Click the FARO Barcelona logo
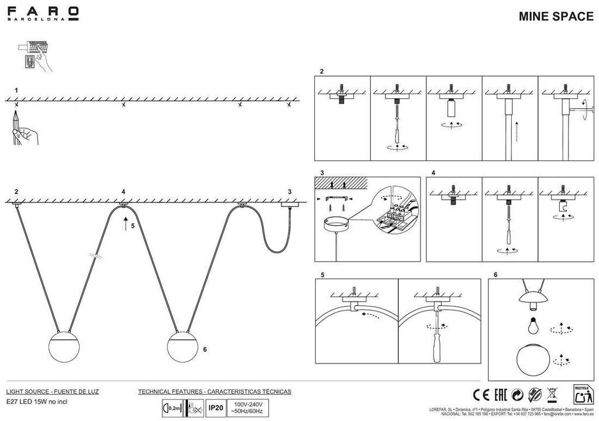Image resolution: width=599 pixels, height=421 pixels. point(43,13)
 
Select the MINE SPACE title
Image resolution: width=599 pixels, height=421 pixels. point(556,16)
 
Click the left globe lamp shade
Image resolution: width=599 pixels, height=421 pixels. point(64,347)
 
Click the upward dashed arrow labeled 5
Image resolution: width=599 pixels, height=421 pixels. point(125,222)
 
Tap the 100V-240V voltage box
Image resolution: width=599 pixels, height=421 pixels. point(249,407)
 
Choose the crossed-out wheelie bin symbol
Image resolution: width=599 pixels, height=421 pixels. point(551,395)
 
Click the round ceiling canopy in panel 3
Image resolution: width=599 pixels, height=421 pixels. point(337,224)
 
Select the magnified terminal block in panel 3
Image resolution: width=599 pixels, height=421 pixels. point(394,211)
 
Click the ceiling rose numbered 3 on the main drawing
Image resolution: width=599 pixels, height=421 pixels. point(290,205)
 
